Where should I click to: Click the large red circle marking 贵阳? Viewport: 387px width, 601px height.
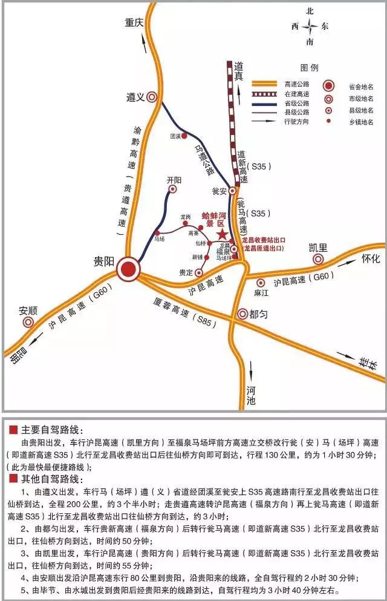[x=128, y=270]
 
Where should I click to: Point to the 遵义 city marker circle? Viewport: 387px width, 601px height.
[x=152, y=96]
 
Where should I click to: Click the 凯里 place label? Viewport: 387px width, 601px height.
[x=318, y=248]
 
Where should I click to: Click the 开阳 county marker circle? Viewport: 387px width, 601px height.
[x=173, y=189]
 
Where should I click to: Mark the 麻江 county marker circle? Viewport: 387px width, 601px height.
[x=261, y=283]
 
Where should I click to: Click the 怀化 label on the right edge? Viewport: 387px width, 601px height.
[x=370, y=259]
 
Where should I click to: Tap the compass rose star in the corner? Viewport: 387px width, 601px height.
[x=310, y=26]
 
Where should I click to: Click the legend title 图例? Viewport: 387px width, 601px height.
[x=309, y=68]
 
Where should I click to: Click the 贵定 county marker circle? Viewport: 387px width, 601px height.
[x=199, y=272]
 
